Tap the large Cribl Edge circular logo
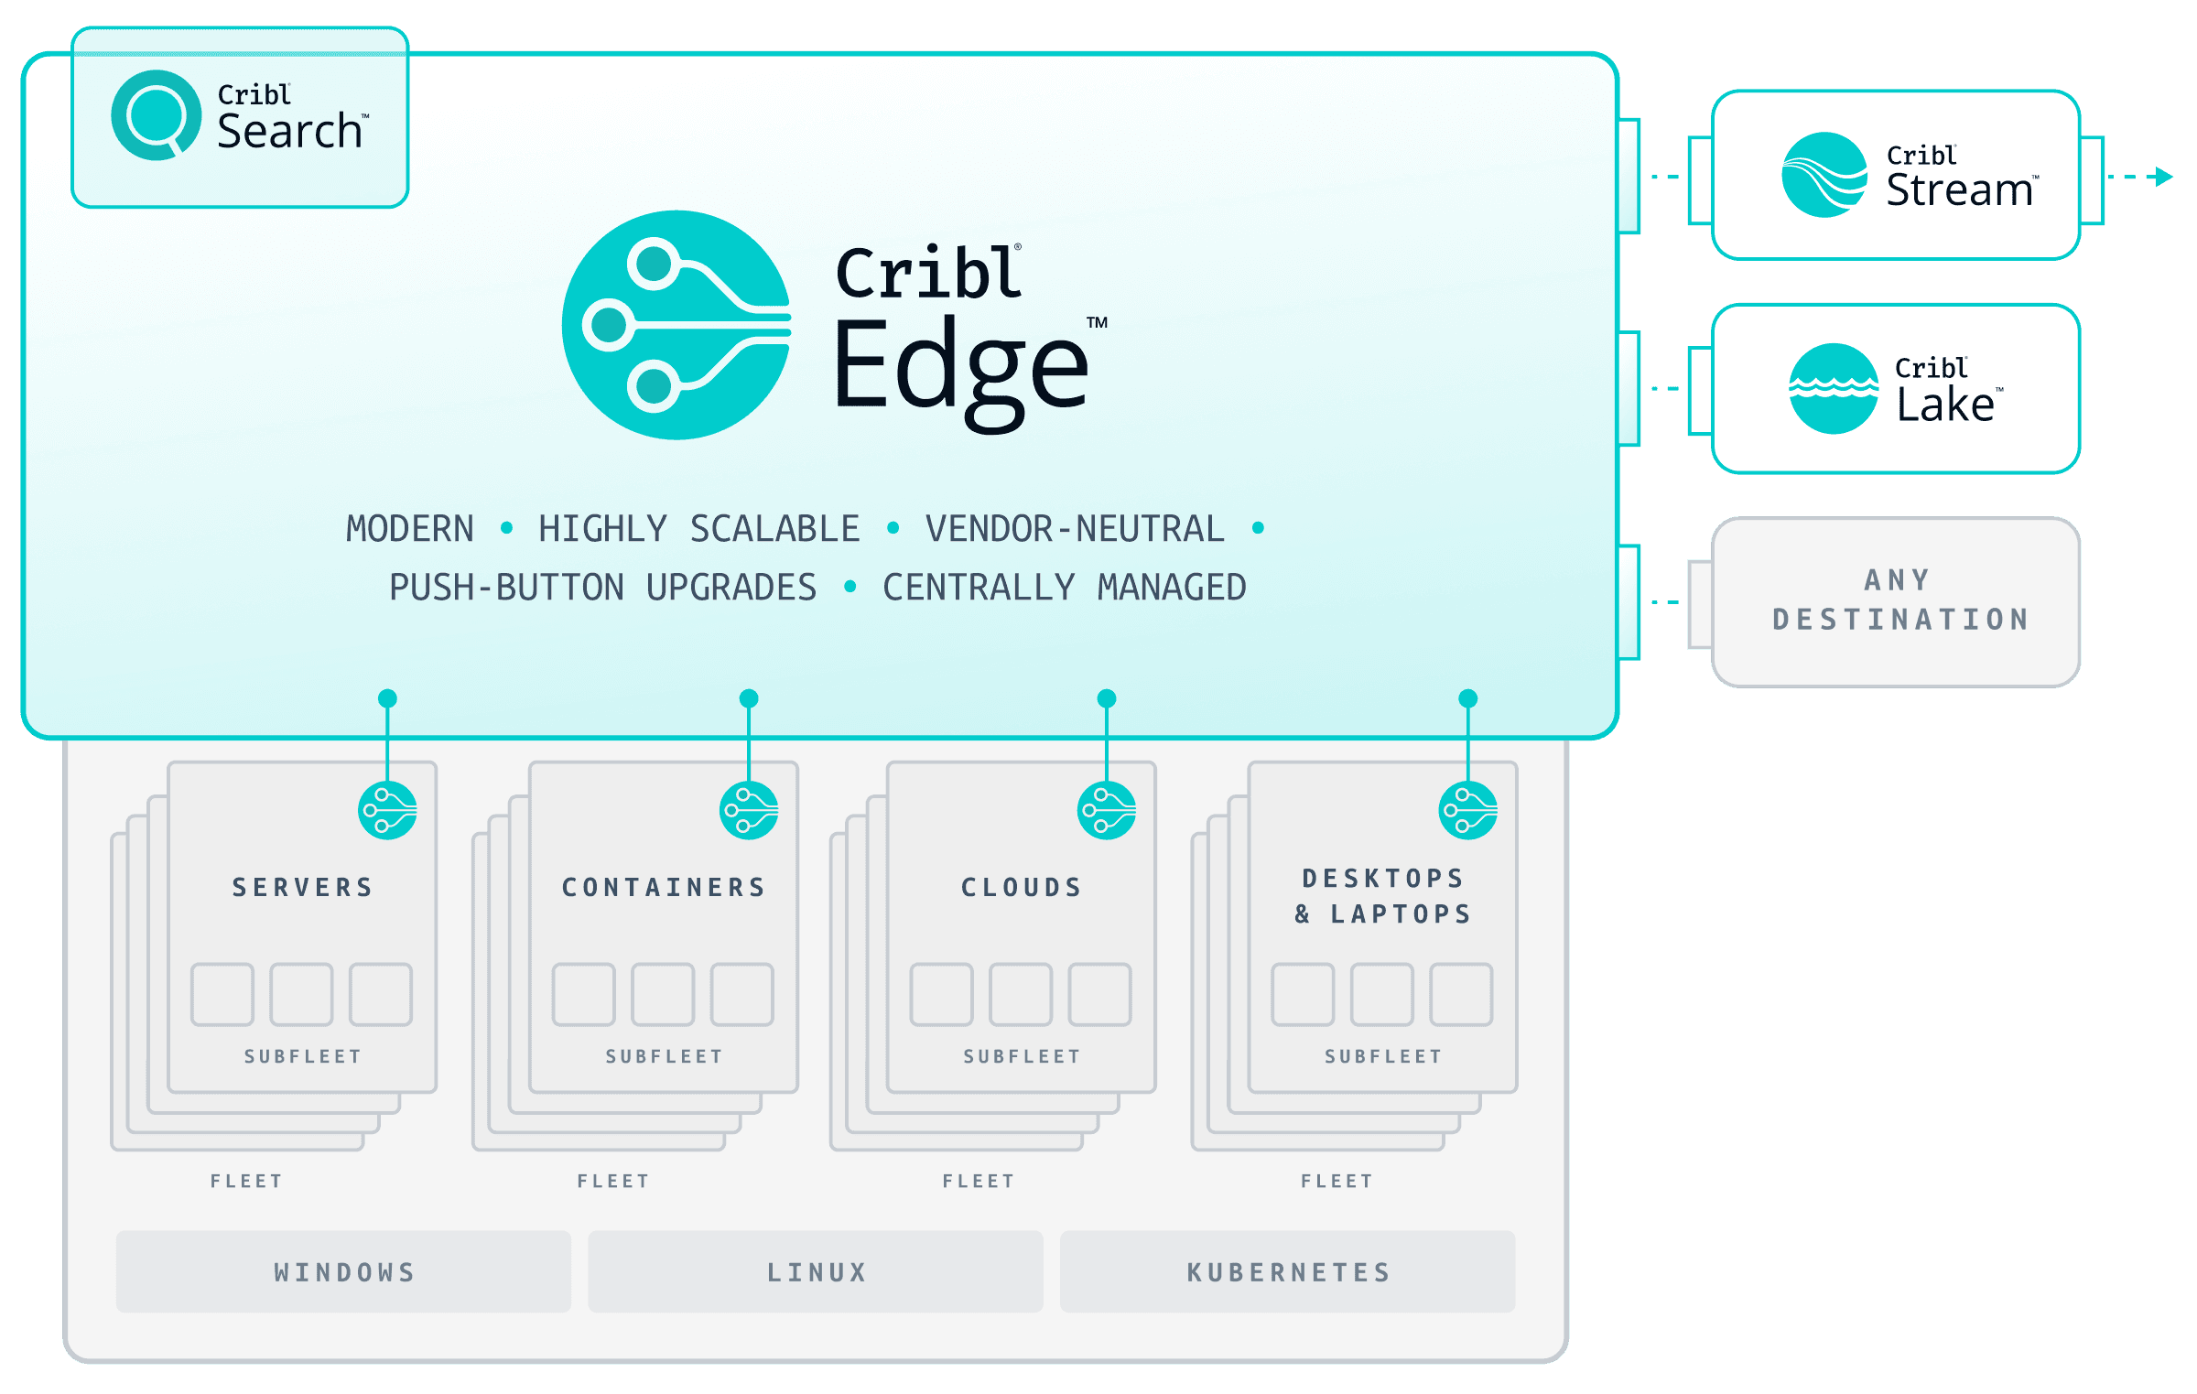point(676,325)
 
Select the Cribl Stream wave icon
point(1824,175)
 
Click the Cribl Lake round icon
point(1833,388)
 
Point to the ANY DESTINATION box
point(1896,601)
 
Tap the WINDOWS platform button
point(343,1271)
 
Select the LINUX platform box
point(816,1271)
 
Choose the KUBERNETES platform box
point(1287,1271)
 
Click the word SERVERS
point(302,887)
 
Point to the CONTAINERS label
point(664,887)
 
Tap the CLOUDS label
point(1022,887)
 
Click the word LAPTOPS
point(1401,913)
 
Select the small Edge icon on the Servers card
point(387,810)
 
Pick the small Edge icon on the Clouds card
point(1107,810)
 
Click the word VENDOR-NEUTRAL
point(1075,529)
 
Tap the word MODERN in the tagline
point(409,529)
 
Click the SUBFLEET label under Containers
point(664,1056)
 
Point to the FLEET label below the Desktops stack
point(1337,1181)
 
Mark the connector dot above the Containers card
point(749,698)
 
